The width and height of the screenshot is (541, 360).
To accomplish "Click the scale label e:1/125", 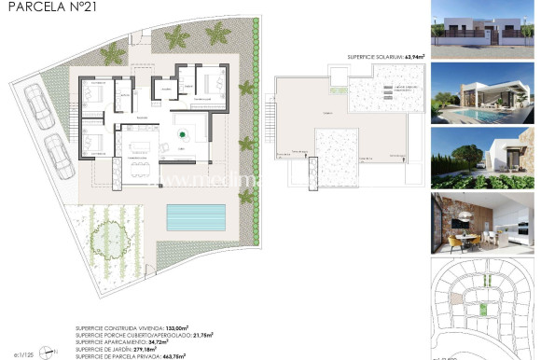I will (24, 353).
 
